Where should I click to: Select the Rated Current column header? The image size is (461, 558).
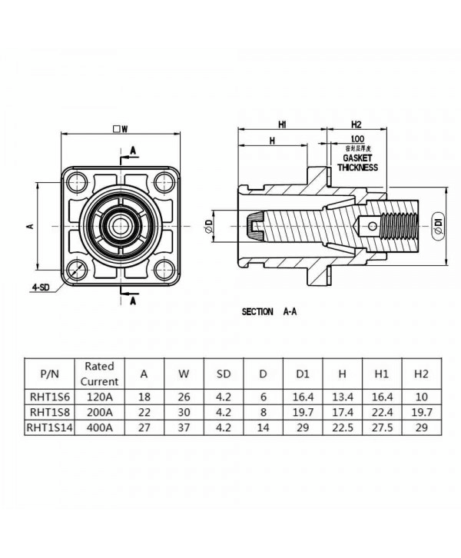[x=100, y=374]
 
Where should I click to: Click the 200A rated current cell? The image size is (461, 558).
[x=100, y=413]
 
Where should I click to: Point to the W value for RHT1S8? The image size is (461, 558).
[x=184, y=413]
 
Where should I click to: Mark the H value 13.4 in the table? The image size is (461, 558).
[x=341, y=398]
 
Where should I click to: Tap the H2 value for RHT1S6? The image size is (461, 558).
[x=420, y=398]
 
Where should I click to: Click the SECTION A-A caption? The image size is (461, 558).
[x=269, y=311]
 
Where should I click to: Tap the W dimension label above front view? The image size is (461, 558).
[x=119, y=128]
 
